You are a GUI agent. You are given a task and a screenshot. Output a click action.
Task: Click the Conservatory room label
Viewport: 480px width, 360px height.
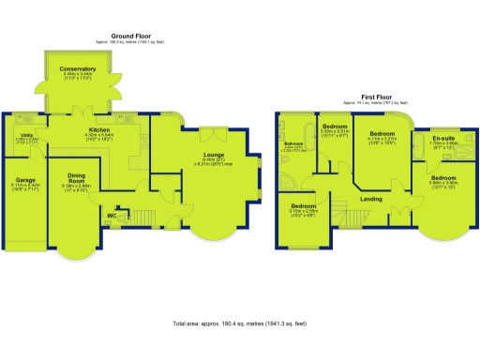77,69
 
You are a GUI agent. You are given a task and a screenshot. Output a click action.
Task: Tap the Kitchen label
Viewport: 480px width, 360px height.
99,129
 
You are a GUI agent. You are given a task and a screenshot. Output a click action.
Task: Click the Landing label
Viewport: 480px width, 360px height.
370,199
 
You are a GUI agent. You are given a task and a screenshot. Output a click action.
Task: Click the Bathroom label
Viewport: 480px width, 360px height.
292,142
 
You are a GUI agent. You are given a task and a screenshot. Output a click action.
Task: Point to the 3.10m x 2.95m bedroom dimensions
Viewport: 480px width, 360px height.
304,212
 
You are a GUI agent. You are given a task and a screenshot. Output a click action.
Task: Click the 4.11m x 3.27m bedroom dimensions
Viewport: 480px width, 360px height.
382,140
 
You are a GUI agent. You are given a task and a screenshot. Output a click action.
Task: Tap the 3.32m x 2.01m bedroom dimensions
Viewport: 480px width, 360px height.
335,132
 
